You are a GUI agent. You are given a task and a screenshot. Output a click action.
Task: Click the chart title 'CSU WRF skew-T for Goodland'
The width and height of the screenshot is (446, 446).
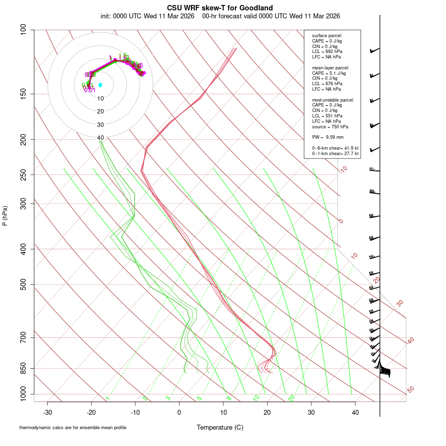tap(220, 7)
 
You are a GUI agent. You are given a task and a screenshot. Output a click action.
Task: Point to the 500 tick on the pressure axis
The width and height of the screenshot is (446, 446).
tap(22, 284)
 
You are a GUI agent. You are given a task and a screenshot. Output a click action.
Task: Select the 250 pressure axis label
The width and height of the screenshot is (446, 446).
tap(22, 174)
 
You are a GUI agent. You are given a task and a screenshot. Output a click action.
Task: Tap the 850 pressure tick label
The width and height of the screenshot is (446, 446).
tap(22, 368)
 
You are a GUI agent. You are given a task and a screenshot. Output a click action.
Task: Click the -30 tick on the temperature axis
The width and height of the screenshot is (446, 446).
tap(48, 412)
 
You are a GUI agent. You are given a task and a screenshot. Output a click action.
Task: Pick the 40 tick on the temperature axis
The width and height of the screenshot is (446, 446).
tap(355, 412)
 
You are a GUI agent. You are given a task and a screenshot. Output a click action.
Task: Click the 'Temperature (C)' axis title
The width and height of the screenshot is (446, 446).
tap(220, 427)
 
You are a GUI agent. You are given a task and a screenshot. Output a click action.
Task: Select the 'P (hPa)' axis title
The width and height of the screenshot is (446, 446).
tap(5, 216)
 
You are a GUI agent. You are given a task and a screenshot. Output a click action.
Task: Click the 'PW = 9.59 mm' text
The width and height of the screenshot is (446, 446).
tap(328, 137)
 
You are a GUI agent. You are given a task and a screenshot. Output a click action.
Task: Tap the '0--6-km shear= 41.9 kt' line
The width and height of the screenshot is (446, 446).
tap(335, 148)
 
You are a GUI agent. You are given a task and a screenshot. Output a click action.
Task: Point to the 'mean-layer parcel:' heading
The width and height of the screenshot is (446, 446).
tap(330, 67)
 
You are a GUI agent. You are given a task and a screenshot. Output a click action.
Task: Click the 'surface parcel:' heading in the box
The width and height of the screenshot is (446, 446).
tap(327, 36)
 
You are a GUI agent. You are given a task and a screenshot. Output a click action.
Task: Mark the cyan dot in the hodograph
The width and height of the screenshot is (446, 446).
tap(100, 85)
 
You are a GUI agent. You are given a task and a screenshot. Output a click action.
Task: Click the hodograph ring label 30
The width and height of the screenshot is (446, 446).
tap(101, 125)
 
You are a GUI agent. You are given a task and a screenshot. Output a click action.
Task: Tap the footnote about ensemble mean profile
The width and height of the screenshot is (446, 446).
tap(73, 427)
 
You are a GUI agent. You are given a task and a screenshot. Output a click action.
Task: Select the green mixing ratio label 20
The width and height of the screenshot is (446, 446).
tap(291, 398)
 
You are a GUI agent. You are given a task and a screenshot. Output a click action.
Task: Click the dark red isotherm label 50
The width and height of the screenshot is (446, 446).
tap(410, 390)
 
